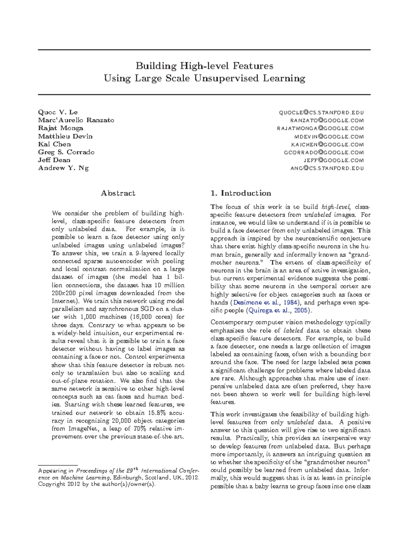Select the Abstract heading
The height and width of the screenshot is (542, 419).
click(x=118, y=193)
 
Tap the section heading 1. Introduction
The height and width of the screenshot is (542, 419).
click(x=241, y=193)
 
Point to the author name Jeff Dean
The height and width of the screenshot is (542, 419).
click(x=54, y=160)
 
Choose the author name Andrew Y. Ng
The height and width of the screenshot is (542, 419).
click(x=63, y=168)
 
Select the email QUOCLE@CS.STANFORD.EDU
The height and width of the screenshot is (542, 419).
click(x=321, y=112)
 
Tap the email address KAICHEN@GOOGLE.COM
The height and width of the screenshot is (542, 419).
click(x=327, y=144)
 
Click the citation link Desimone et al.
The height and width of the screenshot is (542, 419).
click(x=251, y=303)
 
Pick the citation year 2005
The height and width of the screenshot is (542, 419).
click(x=301, y=311)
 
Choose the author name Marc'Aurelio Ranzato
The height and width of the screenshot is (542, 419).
click(x=76, y=120)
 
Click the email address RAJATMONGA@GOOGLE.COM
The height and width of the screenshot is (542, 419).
click(x=320, y=128)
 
